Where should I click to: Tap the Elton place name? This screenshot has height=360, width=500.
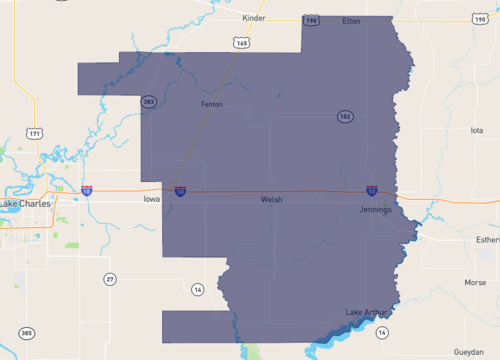[x=351, y=20]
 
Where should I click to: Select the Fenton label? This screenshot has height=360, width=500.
[x=211, y=104]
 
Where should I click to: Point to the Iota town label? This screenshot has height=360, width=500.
[x=476, y=130]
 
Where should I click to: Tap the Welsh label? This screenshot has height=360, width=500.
[x=271, y=200]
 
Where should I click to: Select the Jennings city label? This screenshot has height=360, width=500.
[x=376, y=210]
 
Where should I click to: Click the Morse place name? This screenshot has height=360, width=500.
[x=474, y=282]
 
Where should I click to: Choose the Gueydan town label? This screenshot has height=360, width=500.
[x=468, y=352]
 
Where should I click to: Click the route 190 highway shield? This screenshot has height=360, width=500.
[x=311, y=20]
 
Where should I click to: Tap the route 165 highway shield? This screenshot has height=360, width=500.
[x=243, y=43]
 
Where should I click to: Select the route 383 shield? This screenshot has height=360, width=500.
[x=148, y=101]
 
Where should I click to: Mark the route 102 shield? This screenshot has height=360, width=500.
[x=344, y=117]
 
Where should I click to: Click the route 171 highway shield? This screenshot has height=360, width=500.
[x=36, y=133]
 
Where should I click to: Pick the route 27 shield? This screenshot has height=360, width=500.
[x=110, y=278]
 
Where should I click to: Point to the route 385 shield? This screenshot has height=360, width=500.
[x=26, y=332]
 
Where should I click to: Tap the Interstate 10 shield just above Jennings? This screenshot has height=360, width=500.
[x=371, y=189]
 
